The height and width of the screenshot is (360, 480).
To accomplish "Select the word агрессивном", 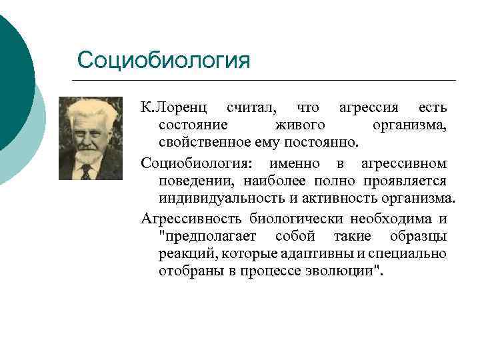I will click(404, 163).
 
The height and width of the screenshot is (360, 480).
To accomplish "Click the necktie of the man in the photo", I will click(85, 172).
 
